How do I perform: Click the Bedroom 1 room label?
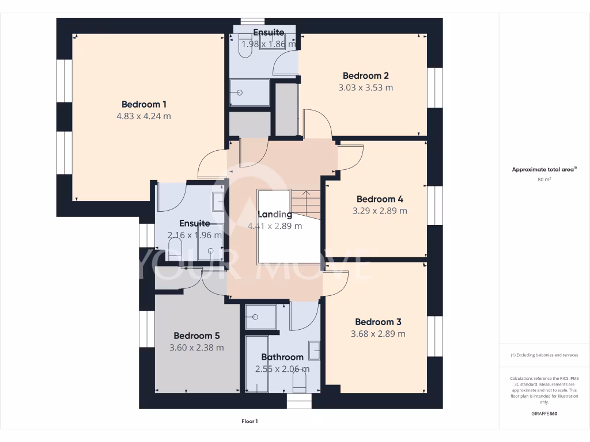click(143, 104)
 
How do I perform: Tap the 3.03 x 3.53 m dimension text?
click(365, 88)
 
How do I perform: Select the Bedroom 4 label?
click(380, 199)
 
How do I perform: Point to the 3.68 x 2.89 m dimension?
click(378, 334)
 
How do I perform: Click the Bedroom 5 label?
click(196, 336)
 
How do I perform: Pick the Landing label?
click(274, 215)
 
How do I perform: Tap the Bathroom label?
click(282, 357)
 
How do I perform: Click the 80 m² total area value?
click(544, 180)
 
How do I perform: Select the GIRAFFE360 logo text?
click(544, 414)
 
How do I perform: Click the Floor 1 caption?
click(249, 421)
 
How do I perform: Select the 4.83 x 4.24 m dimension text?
click(143, 116)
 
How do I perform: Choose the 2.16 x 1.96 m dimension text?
click(194, 235)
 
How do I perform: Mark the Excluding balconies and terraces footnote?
click(544, 355)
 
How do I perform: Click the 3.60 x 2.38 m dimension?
click(196, 348)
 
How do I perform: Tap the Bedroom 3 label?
click(378, 322)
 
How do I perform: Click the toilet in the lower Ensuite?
click(175, 248)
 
